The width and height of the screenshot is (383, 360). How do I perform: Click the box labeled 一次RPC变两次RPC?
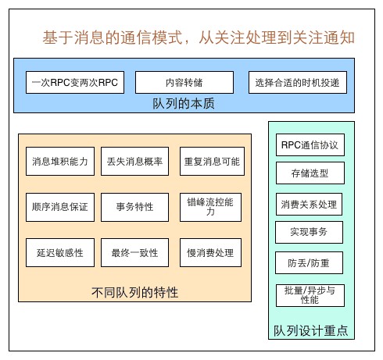pyautogui.click(x=75, y=82)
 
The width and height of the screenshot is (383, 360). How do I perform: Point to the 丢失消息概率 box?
pyautogui.click(x=134, y=162)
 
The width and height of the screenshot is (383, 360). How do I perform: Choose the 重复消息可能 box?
pyautogui.click(x=211, y=162)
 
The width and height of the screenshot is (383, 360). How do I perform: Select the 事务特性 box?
pyautogui.click(x=134, y=207)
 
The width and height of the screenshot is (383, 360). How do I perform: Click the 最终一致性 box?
pyautogui.click(x=134, y=253)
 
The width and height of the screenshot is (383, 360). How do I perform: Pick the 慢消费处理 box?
pyautogui.click(x=211, y=253)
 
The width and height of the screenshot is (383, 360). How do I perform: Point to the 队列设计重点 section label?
pyautogui.click(x=310, y=330)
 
